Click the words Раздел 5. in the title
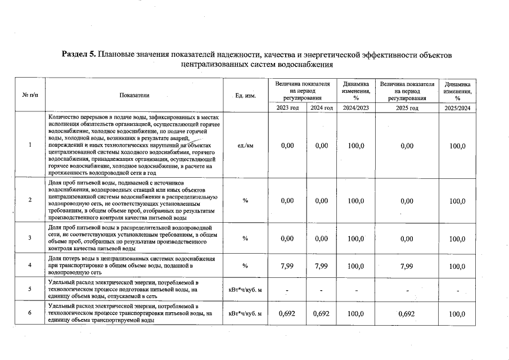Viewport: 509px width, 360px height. tap(79, 55)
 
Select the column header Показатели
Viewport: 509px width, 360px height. tap(134, 96)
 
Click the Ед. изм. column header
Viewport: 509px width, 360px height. tap(246, 96)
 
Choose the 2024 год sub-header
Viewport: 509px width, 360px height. tap(321, 107)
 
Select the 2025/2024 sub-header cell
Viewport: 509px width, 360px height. tap(457, 107)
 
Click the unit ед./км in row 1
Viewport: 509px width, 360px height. tap(246, 146)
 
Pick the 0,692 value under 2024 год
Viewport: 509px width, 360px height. tap(321, 313)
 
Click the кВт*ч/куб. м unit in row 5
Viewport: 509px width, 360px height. tap(246, 290)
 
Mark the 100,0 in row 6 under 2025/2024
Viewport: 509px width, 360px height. tap(457, 313)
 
